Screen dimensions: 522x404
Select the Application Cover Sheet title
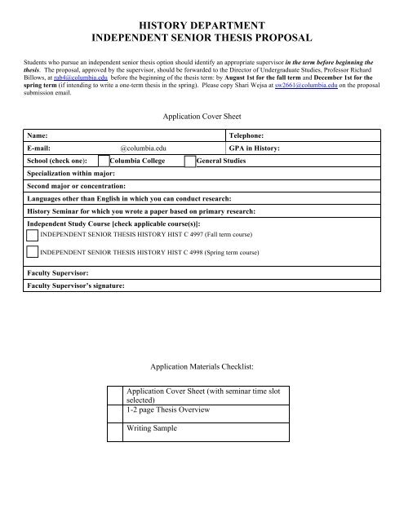tap(202, 117)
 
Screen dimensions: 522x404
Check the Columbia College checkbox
tap(127, 162)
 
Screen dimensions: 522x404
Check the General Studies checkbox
tap(190, 162)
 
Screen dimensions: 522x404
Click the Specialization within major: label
tap(70, 175)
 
